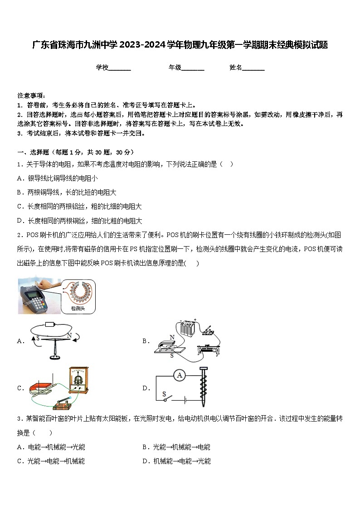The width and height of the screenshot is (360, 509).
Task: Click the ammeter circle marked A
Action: [x=180, y=375]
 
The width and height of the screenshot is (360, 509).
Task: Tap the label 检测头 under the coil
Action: [x=78, y=308]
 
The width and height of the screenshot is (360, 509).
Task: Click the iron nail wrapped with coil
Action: [x=203, y=386]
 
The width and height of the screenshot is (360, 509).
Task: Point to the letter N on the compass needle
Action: [x=69, y=335]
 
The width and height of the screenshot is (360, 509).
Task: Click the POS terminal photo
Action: [x=39, y=296]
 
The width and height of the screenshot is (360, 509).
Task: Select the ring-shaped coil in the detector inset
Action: [x=78, y=292]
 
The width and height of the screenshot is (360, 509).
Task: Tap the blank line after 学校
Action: [x=120, y=68]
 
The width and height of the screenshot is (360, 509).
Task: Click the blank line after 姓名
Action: [x=253, y=68]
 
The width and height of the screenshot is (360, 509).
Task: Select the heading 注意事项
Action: [x=31, y=96]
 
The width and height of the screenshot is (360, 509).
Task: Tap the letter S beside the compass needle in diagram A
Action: [x=38, y=338]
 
